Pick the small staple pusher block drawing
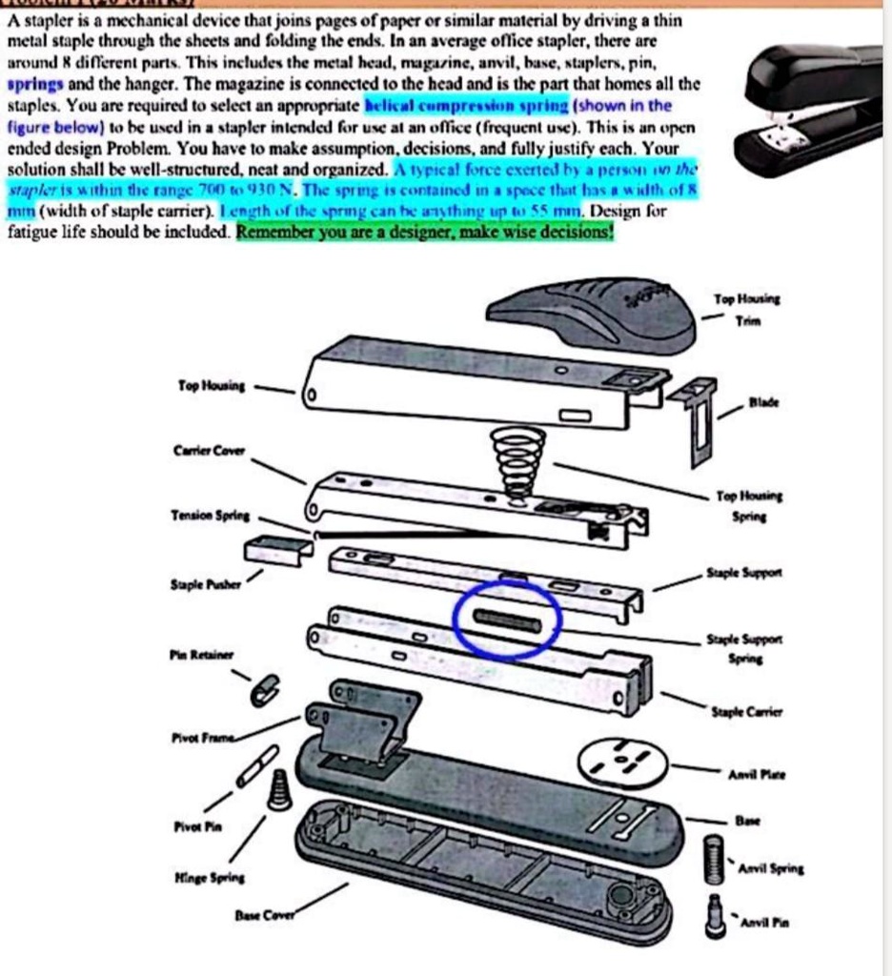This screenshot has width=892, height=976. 277,550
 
